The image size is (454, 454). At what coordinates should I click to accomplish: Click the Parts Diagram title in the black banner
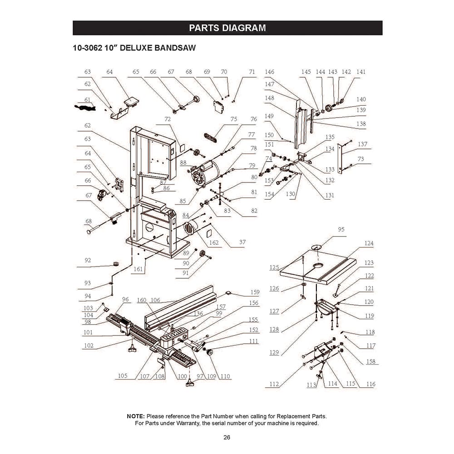pyautogui.click(x=227, y=28)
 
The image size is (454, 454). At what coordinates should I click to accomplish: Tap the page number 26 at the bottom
pyautogui.click(x=227, y=438)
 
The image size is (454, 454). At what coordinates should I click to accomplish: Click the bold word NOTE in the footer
pyautogui.click(x=135, y=416)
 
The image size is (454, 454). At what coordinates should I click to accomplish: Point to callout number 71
pyautogui.click(x=252, y=72)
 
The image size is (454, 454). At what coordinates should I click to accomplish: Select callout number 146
pyautogui.click(x=270, y=72)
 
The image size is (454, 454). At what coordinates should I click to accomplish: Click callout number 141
pyautogui.click(x=361, y=72)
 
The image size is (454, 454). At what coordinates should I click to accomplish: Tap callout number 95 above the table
pyautogui.click(x=341, y=230)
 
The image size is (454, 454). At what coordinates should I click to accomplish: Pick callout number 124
pyautogui.click(x=369, y=243)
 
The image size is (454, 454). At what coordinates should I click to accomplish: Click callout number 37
pyautogui.click(x=242, y=242)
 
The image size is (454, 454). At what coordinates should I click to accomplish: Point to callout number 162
pyautogui.click(x=213, y=243)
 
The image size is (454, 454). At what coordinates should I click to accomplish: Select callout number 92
pyautogui.click(x=88, y=260)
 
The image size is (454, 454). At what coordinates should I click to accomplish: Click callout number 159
pyautogui.click(x=255, y=292)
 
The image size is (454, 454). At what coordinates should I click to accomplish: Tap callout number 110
pyautogui.click(x=225, y=376)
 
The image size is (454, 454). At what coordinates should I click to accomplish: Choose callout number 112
pyautogui.click(x=274, y=384)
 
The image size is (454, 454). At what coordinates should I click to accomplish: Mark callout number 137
pyautogui.click(x=362, y=144)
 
